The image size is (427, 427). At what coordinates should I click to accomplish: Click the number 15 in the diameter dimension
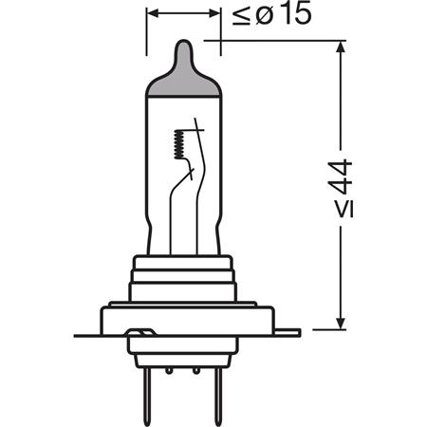pos(296,14)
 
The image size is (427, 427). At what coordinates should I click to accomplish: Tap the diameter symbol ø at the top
pos(264,16)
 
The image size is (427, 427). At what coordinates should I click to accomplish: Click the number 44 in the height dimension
pos(341,177)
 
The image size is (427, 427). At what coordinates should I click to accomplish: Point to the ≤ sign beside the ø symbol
pos(242,16)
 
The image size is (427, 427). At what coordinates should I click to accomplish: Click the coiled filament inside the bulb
pos(178,144)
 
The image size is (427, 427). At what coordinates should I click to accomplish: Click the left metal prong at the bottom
pos(147,397)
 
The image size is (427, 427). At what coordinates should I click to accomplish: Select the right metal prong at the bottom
pos(218,397)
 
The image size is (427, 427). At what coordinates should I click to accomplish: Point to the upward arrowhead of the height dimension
pos(341,46)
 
